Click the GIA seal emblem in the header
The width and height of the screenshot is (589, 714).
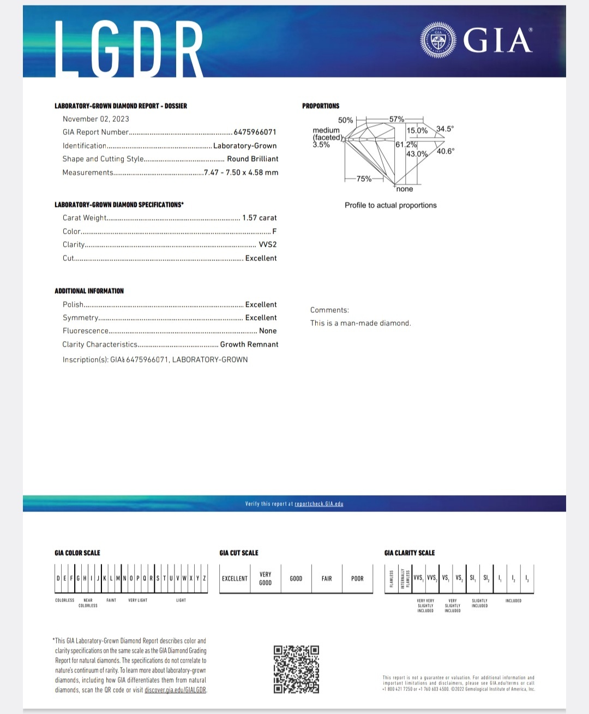click(438, 40)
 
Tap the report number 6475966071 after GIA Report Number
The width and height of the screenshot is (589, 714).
click(255, 132)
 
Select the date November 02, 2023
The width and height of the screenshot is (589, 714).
click(96, 119)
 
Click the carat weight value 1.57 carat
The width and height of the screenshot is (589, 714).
click(260, 218)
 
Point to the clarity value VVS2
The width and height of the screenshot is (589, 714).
click(268, 245)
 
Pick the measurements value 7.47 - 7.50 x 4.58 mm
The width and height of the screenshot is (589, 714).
click(241, 172)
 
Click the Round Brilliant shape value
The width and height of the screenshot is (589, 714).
click(253, 159)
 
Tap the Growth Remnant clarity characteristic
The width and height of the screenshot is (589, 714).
click(249, 344)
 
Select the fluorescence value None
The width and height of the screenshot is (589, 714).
click(268, 331)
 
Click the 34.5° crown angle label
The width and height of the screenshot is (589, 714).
click(445, 129)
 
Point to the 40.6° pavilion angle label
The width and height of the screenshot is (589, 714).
click(446, 151)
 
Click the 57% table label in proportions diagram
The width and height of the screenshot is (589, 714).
click(396, 119)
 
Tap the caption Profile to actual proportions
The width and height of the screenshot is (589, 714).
click(390, 205)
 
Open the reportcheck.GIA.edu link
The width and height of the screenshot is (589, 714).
click(319, 504)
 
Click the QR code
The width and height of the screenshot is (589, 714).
click(296, 669)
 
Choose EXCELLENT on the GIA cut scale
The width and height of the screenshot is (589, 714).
click(235, 579)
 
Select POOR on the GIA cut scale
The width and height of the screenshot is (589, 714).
click(357, 579)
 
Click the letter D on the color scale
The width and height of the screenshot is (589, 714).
click(58, 579)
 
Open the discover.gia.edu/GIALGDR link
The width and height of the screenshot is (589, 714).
click(176, 690)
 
